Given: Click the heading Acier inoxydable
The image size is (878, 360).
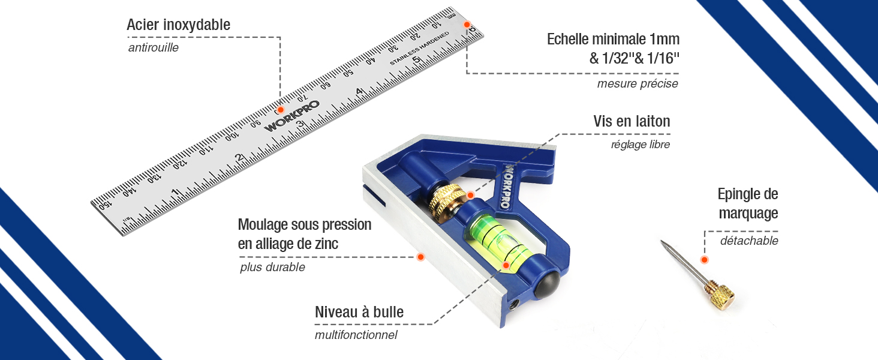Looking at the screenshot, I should click(x=178, y=25).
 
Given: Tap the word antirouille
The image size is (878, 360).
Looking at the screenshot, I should click(x=153, y=47).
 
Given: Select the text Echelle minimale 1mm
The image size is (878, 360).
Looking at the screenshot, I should click(x=613, y=40).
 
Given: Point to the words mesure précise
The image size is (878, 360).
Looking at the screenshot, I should click(x=637, y=84).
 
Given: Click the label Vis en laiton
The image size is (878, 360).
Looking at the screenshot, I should click(x=632, y=121).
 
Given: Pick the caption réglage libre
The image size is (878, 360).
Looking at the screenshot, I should click(x=640, y=145).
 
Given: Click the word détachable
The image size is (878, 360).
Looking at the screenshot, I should click(x=749, y=241).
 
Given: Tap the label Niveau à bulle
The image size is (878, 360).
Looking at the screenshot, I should click(x=359, y=312).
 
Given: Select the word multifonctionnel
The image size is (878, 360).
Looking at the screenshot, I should click(x=356, y=335).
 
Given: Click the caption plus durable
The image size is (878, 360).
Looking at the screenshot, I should click(x=272, y=268).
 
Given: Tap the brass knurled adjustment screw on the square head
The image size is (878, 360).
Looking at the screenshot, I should click(x=446, y=202).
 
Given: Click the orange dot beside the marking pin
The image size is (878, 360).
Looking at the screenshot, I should click(x=704, y=260).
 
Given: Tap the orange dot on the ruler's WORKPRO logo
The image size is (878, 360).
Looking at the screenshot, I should click(x=280, y=110).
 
